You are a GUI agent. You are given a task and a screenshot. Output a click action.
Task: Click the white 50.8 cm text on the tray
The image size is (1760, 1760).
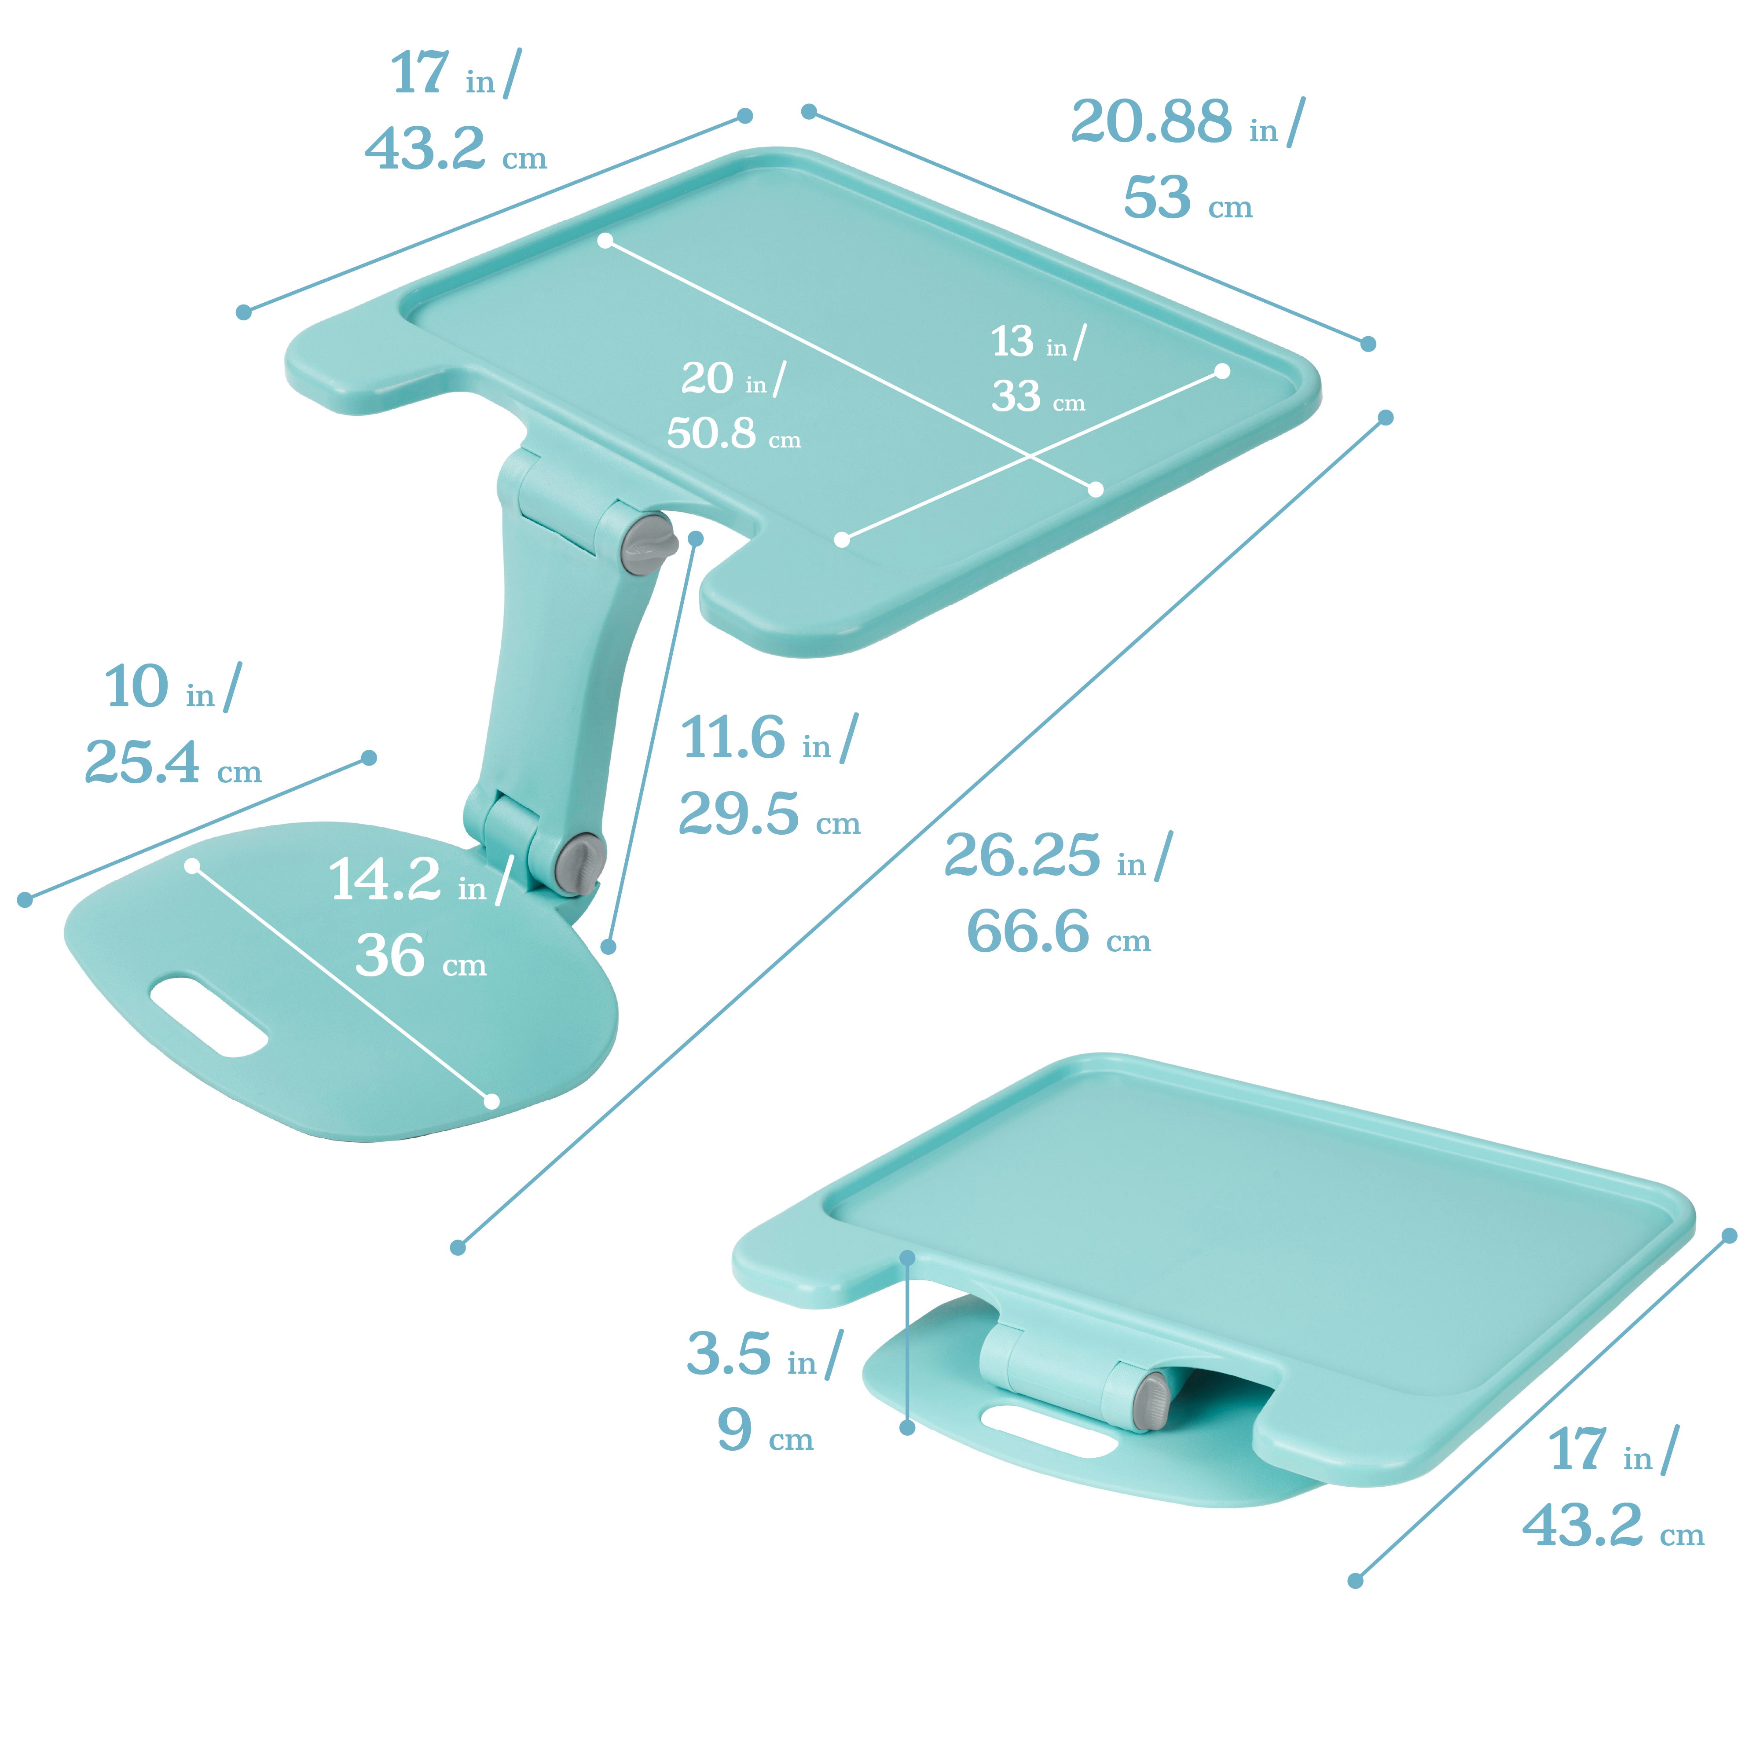coord(711,433)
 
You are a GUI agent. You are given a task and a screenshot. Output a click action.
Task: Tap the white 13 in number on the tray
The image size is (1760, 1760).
coord(1012,341)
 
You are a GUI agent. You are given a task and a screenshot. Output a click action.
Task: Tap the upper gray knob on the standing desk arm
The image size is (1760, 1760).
coord(648,544)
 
